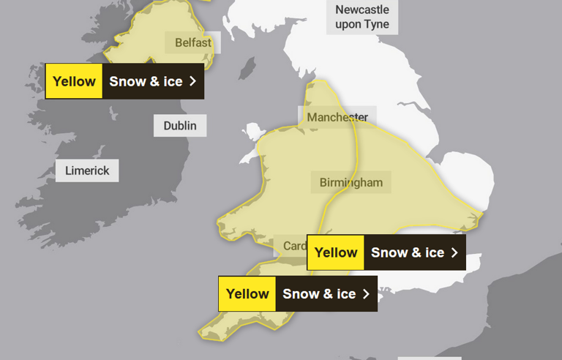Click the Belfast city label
pyautogui.click(x=193, y=42)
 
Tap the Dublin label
pyautogui.click(x=180, y=126)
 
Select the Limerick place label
pyautogui.click(x=87, y=171)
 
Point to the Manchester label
pyautogui.click(x=337, y=117)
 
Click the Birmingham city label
pyautogui.click(x=351, y=182)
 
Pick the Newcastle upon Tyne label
pyautogui.click(x=362, y=17)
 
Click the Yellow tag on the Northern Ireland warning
pyautogui.click(x=74, y=81)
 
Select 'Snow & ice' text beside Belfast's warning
pyautogui.click(x=146, y=81)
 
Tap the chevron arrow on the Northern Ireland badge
pyautogui.click(x=193, y=81)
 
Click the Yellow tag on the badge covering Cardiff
pyautogui.click(x=336, y=252)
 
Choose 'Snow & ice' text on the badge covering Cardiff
pyautogui.click(x=408, y=252)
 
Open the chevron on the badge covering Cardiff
pyautogui.click(x=454, y=252)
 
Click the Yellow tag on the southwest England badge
pyautogui.click(x=247, y=294)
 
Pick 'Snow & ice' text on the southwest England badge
pyautogui.click(x=319, y=294)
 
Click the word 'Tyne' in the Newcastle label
pyautogui.click(x=377, y=24)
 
